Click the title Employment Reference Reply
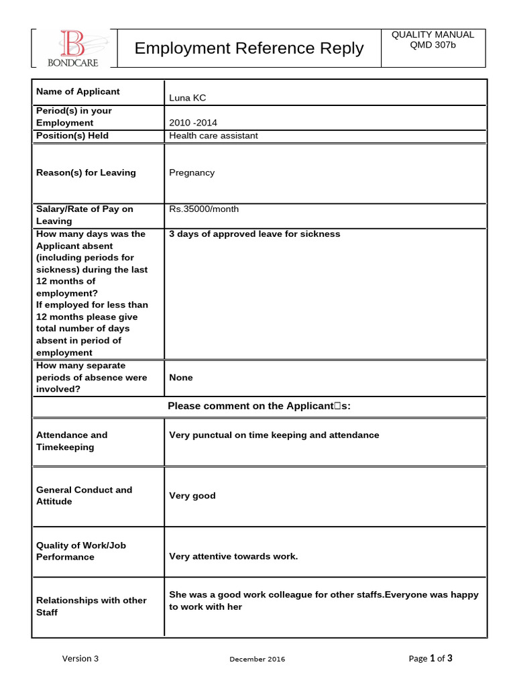(x=249, y=48)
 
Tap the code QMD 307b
(x=433, y=46)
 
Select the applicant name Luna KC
(x=188, y=98)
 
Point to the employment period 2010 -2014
(x=193, y=123)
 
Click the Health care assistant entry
(x=213, y=136)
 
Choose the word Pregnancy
(x=192, y=172)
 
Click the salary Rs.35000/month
(x=204, y=209)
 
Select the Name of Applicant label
(x=78, y=91)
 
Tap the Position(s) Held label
(x=72, y=136)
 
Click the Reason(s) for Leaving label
(x=85, y=172)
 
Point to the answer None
(x=181, y=378)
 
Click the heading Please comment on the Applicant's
(x=259, y=406)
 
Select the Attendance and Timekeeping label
(x=71, y=441)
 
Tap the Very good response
(x=192, y=496)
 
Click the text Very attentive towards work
(x=233, y=556)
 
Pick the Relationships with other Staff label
(x=91, y=606)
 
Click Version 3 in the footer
(x=80, y=658)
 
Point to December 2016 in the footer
(x=257, y=659)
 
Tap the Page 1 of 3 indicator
(x=431, y=658)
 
